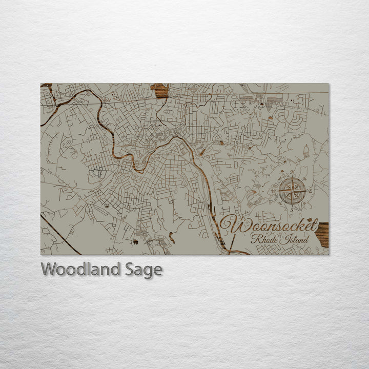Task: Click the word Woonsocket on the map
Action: (270, 225)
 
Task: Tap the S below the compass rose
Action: (292, 210)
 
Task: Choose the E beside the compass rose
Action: (311, 191)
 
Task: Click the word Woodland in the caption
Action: (81, 269)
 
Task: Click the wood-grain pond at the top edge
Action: (159, 91)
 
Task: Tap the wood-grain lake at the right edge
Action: (322, 234)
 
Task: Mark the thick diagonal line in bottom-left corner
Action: (60, 235)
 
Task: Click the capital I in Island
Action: (284, 239)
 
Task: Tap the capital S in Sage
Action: (131, 269)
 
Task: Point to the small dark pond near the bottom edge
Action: (136, 241)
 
